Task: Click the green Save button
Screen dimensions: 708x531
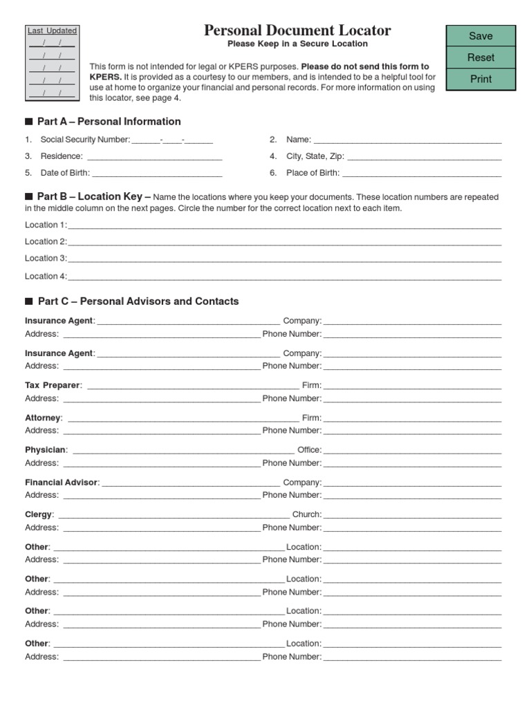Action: [481, 36]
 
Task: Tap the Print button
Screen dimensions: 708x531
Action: [481, 79]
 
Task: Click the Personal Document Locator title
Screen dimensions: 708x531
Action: [297, 30]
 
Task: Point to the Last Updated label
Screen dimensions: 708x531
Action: [52, 30]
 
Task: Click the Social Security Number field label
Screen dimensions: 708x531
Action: [85, 140]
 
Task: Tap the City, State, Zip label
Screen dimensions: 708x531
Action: [315, 156]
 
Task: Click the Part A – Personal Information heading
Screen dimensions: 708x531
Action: [109, 122]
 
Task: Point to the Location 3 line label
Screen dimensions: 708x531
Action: [46, 259]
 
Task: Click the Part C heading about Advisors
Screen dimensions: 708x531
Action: [138, 301]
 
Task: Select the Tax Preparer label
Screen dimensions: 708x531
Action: [53, 385]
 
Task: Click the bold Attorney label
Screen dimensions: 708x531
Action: [43, 418]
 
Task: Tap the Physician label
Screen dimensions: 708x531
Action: [46, 450]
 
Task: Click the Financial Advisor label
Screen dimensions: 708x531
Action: [62, 483]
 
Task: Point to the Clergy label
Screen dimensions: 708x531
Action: [39, 514]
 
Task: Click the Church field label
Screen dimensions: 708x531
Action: [306, 514]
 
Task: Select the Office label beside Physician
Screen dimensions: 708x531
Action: [309, 450]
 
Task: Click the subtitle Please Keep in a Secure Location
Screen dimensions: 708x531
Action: [297, 44]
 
